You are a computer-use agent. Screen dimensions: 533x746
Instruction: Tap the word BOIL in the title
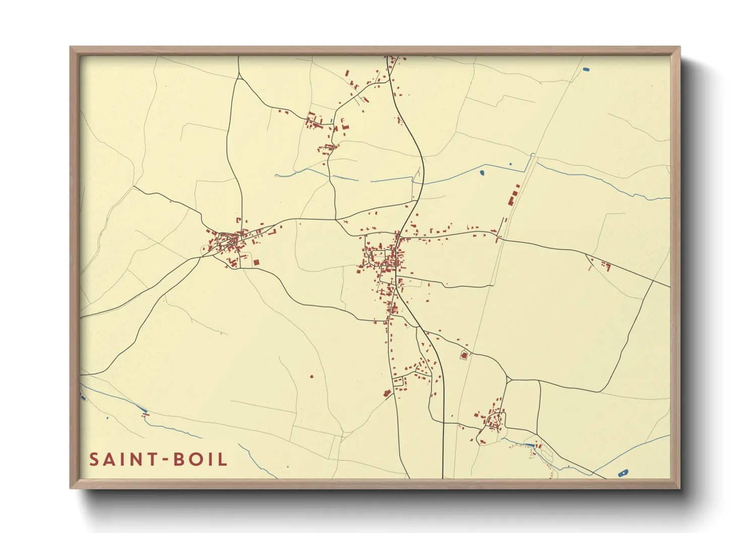(x=200, y=459)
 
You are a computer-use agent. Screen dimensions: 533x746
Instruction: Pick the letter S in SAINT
(x=94, y=459)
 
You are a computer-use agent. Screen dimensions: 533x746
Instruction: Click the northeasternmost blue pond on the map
(x=585, y=69)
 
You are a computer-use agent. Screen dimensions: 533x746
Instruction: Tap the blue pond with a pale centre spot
(x=623, y=473)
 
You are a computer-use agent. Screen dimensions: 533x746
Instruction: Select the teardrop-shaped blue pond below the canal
(x=482, y=173)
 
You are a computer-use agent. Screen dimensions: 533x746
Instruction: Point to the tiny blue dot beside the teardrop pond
(x=510, y=164)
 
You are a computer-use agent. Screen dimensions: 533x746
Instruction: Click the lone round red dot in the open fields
(x=312, y=376)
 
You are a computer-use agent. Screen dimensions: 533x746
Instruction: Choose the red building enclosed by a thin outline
(x=464, y=356)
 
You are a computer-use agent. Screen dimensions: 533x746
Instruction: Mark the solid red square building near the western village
(x=256, y=262)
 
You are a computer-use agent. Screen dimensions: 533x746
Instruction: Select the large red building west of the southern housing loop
(x=388, y=393)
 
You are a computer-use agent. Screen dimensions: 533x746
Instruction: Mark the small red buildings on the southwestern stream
(x=146, y=415)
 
